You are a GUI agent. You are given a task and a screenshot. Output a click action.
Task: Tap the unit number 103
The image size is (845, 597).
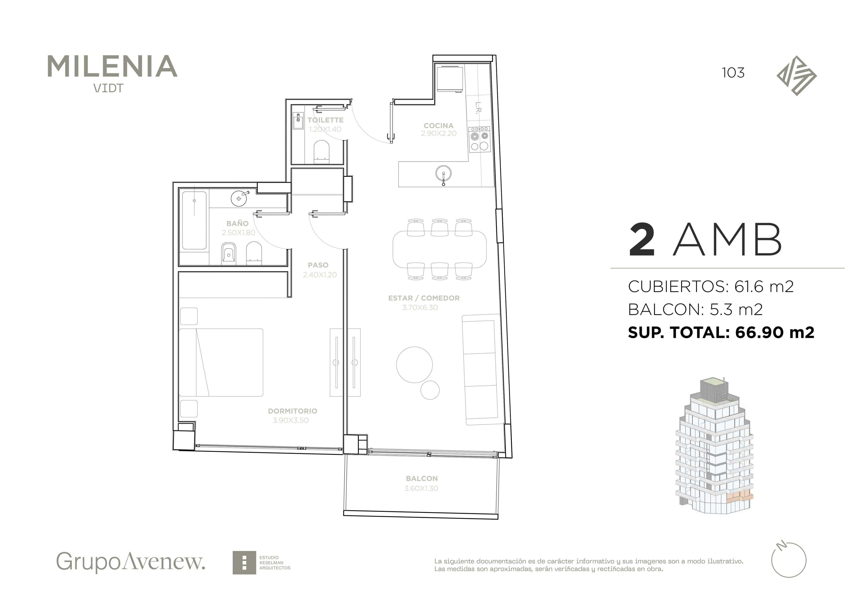click(733, 73)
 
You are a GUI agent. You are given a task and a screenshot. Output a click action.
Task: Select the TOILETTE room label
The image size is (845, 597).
click(325, 120)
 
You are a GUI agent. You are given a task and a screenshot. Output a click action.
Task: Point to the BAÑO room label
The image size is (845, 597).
click(237, 223)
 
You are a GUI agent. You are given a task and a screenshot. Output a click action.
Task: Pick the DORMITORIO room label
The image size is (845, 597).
click(293, 411)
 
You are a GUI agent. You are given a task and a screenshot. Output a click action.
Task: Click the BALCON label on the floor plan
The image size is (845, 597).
click(422, 478)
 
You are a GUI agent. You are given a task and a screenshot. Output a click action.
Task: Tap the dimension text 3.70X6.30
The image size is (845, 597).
click(420, 307)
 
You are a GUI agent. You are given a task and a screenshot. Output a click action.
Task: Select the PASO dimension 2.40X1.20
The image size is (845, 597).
click(320, 275)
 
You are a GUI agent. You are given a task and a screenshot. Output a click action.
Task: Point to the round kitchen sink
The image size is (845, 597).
click(443, 174)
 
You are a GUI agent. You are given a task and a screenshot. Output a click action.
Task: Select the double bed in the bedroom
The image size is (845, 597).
click(221, 362)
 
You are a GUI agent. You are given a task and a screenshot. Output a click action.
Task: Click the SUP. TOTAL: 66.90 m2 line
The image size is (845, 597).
click(721, 332)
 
